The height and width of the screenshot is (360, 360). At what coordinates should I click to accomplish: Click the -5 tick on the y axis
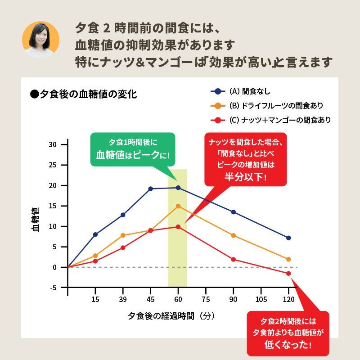point(53,288)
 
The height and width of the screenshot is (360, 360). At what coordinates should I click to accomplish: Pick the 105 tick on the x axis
point(261,300)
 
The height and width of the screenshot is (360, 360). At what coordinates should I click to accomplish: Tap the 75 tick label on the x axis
point(206,300)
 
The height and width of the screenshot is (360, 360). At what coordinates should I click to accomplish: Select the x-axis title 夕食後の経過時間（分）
point(171,316)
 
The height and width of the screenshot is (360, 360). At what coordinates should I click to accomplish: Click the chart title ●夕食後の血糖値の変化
point(83,94)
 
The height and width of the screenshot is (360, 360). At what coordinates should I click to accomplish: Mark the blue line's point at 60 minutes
point(178,188)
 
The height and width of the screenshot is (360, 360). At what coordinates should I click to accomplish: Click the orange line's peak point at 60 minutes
point(178,206)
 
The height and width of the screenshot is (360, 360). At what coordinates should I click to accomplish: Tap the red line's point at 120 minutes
point(288,274)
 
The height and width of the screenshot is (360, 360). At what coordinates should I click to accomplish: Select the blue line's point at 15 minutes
point(95,234)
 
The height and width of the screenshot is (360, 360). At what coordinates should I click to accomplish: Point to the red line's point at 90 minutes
point(233,259)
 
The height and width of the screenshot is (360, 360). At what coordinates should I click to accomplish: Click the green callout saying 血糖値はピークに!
point(132,150)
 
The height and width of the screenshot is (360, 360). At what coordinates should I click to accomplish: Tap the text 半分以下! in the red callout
point(245,176)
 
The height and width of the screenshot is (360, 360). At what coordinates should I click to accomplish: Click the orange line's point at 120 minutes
point(288,259)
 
